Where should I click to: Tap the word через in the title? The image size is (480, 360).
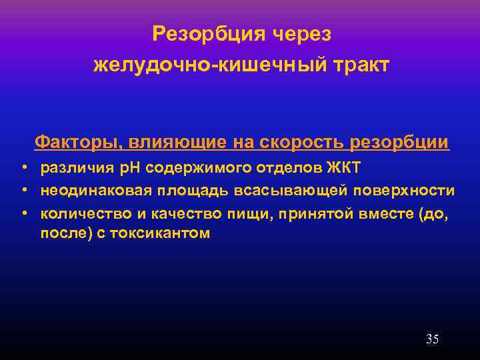tap(297, 33)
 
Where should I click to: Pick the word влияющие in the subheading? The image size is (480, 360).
tap(173, 142)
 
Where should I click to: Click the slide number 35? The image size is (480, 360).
tap(432, 339)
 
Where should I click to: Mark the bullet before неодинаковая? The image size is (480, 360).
tap(23, 191)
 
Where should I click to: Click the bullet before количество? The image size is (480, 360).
tap(23, 213)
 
